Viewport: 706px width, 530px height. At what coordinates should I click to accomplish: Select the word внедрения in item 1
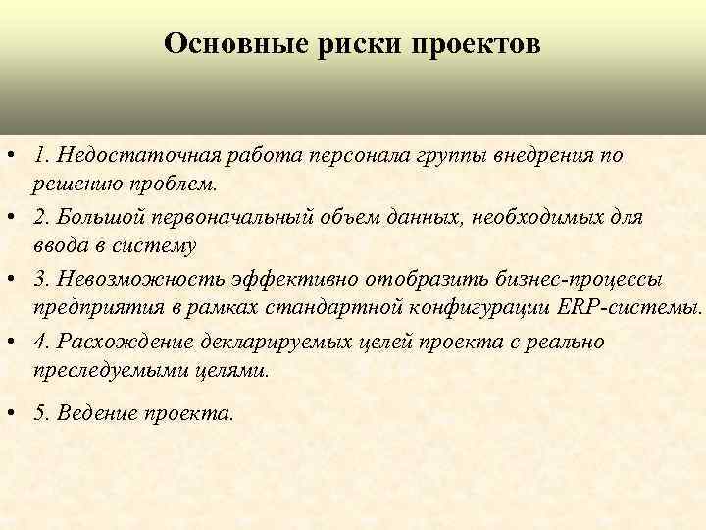pos(543,156)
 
